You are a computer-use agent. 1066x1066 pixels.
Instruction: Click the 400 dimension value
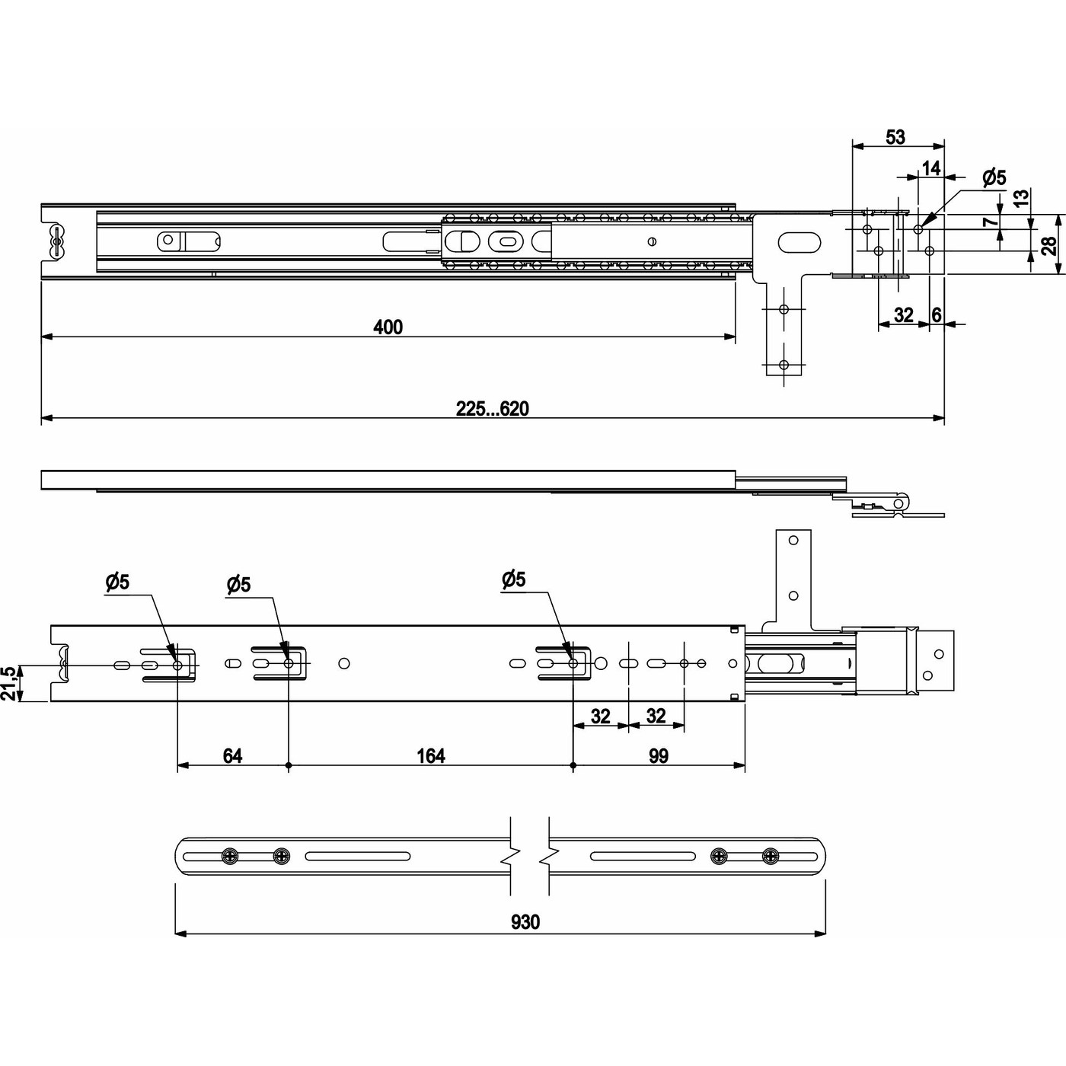coord(388,327)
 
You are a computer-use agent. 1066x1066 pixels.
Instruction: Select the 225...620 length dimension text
coord(492,409)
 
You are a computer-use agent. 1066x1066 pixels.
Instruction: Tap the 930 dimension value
coord(525,922)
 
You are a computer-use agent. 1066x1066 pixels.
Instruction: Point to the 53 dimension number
coord(895,137)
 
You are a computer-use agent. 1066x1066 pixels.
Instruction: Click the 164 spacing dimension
coord(431,756)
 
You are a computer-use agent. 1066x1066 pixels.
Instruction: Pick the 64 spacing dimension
coord(232,756)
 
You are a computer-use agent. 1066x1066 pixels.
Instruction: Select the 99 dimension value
coord(659,756)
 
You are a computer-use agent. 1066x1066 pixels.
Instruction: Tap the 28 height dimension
coord(1048,245)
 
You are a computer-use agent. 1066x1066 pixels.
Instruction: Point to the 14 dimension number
coord(930,168)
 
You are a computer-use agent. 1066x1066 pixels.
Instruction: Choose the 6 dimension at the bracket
coord(936,314)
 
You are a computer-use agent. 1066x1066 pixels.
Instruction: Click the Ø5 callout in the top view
coord(994,177)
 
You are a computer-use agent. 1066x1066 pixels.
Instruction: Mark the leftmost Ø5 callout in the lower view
coord(117,582)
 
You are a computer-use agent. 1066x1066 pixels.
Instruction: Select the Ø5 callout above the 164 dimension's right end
coord(513,579)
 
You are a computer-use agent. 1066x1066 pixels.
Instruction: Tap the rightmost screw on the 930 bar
coord(771,856)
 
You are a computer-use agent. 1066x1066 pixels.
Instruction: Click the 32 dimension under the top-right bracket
coord(903,314)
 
